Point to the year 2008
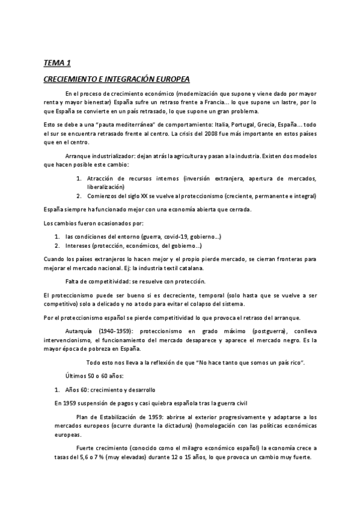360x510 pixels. (208, 133)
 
